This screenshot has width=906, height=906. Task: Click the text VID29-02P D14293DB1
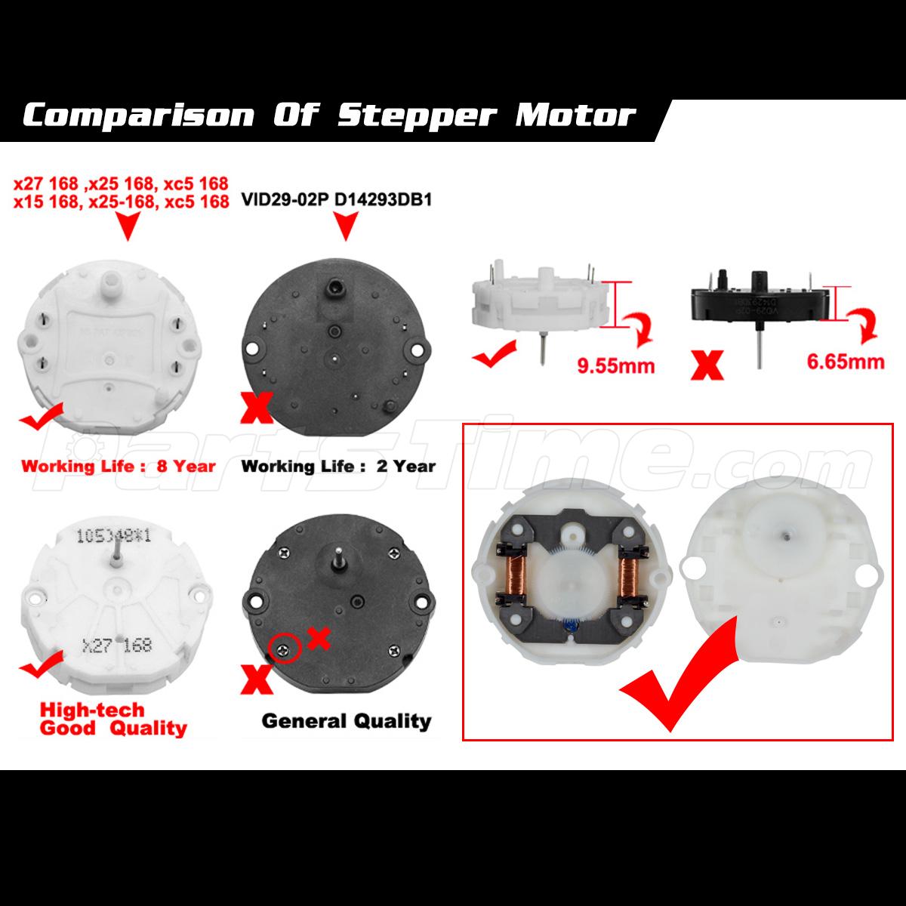tap(336, 202)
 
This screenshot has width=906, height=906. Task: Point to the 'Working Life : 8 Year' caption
tap(119, 466)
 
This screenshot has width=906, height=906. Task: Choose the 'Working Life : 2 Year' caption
tap(338, 466)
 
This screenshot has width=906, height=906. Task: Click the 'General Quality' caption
tap(347, 721)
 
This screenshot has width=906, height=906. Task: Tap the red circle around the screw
tap(282, 647)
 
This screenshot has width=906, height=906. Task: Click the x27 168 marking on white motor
tap(116, 645)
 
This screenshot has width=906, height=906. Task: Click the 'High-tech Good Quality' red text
tap(113, 719)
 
